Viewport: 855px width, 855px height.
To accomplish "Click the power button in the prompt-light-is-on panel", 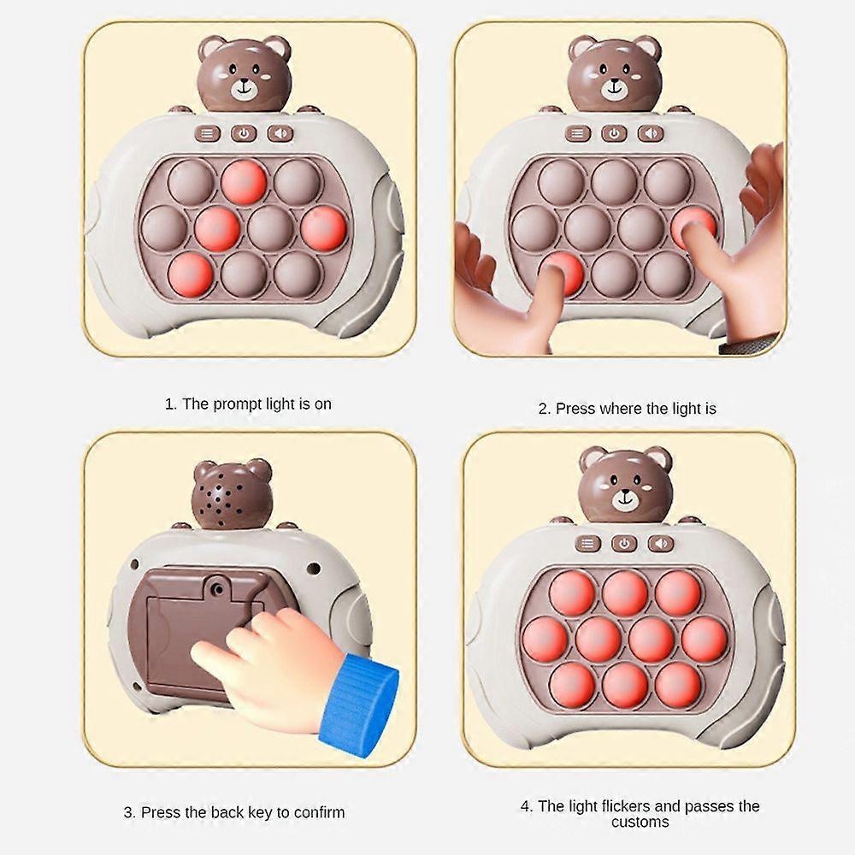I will [245, 133].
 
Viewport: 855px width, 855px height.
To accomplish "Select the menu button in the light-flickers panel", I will [587, 544].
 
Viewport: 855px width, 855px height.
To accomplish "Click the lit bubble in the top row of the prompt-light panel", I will [244, 182].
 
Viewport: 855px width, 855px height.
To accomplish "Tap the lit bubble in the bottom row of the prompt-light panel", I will [191, 273].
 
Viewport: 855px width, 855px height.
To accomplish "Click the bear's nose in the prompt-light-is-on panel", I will [245, 84].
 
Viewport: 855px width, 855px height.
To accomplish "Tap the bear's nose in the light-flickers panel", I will [625, 492].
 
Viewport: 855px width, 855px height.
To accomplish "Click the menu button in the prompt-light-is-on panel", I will [208, 133].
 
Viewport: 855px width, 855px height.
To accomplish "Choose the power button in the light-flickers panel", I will [624, 544].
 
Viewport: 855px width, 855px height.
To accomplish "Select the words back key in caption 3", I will [233, 812].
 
